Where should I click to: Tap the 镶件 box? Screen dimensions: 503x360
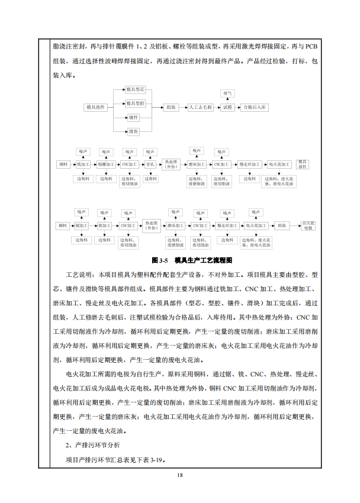coord(134,118)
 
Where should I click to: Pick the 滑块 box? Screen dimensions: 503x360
coord(134,131)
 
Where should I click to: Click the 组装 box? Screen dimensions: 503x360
coord(171,108)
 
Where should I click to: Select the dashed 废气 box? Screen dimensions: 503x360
coord(228,93)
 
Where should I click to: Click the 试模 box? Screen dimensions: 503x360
coord(228,108)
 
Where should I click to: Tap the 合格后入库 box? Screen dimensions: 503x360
coord(255,108)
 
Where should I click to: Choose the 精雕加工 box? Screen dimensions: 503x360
coord(107,164)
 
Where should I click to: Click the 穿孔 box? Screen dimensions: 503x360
coord(150,164)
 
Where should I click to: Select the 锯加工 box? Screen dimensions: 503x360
coord(81,225)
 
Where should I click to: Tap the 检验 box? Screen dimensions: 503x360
coord(281,225)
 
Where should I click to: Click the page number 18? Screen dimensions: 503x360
coord(180,474)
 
